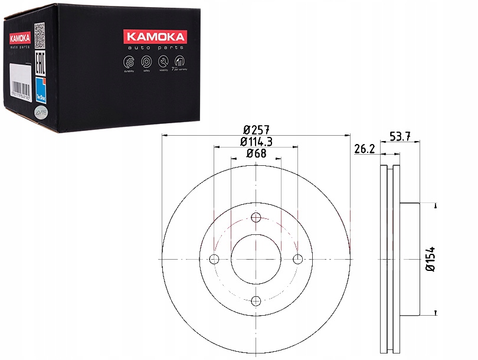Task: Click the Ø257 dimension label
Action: pos(256,129)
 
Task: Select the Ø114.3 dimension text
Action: pos(256,142)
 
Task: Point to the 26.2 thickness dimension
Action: pos(365,150)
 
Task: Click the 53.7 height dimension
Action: pos(401,138)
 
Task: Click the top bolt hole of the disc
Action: pos(256,217)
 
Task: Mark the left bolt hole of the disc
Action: pos(214,259)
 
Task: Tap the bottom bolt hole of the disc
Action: pos(256,301)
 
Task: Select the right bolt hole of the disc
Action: pos(297,259)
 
